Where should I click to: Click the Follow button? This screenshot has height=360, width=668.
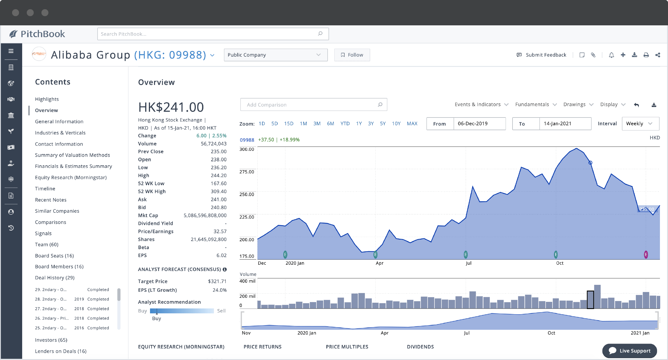click(x=352, y=55)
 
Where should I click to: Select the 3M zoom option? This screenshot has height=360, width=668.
click(x=317, y=124)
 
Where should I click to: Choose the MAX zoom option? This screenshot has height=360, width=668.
click(x=412, y=124)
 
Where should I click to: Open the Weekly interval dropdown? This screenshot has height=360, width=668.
click(x=640, y=124)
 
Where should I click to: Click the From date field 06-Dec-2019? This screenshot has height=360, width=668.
click(x=479, y=124)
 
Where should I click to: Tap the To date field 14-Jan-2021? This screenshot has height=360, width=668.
click(x=565, y=124)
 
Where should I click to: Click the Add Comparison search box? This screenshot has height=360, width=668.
click(x=311, y=105)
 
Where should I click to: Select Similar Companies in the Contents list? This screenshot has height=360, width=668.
click(x=57, y=211)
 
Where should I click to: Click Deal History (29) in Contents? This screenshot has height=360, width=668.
click(x=55, y=278)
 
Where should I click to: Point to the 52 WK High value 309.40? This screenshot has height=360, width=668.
click(x=218, y=192)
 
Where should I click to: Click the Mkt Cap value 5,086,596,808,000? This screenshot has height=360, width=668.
click(x=205, y=215)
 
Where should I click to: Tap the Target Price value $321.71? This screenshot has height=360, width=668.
click(x=217, y=281)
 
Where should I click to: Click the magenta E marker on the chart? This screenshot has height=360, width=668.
click(x=646, y=255)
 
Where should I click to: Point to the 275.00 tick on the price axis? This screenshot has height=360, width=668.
click(x=247, y=172)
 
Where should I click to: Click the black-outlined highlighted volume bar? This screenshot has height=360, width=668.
click(x=590, y=300)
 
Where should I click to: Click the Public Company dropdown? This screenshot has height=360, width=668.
click(x=276, y=55)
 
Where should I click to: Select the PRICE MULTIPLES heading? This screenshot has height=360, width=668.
click(x=347, y=347)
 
